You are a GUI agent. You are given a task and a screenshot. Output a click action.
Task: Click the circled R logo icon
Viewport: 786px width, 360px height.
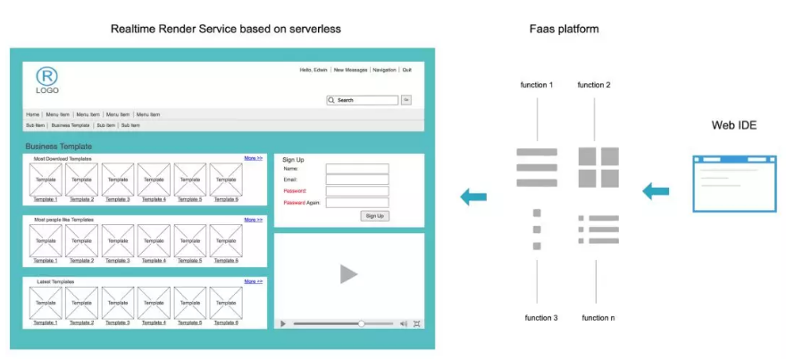pyautogui.click(x=46, y=76)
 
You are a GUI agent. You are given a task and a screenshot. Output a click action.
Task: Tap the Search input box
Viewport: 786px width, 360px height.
pyautogui.click(x=366, y=100)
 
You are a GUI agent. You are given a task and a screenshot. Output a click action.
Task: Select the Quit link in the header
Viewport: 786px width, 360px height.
pyautogui.click(x=406, y=70)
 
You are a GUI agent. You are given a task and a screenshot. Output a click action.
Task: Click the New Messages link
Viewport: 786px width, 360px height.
pyautogui.click(x=350, y=70)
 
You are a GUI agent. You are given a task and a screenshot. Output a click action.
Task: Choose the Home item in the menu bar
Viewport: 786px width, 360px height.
pyautogui.click(x=32, y=114)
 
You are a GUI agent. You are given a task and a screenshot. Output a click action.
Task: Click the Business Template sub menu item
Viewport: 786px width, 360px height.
pyautogui.click(x=71, y=125)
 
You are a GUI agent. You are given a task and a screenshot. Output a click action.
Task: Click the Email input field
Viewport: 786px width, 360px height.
pyautogui.click(x=357, y=180)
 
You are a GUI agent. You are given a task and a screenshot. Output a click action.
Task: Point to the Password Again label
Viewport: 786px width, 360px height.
pyautogui.click(x=301, y=203)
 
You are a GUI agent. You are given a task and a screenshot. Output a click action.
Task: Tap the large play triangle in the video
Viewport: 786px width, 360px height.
pyautogui.click(x=348, y=274)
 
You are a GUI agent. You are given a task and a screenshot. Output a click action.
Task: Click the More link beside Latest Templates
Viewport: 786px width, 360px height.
pyautogui.click(x=254, y=281)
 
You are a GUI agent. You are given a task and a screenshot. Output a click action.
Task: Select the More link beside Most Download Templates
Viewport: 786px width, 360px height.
pyautogui.click(x=254, y=158)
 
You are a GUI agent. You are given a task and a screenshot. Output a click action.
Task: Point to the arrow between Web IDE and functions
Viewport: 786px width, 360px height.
pyautogui.click(x=656, y=190)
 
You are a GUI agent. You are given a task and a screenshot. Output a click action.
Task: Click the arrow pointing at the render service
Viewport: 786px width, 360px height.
pyautogui.click(x=473, y=197)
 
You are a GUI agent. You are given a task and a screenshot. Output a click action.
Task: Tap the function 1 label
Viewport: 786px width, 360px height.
pyautogui.click(x=537, y=85)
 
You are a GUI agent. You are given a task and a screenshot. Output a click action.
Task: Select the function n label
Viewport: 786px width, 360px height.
pyautogui.click(x=598, y=318)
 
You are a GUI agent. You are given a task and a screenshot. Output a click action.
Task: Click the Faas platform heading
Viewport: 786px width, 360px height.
pyautogui.click(x=564, y=29)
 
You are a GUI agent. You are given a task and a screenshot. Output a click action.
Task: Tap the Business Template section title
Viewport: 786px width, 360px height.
pyautogui.click(x=58, y=146)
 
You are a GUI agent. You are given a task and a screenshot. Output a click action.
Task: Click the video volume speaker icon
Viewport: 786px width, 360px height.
pyautogui.click(x=404, y=323)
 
